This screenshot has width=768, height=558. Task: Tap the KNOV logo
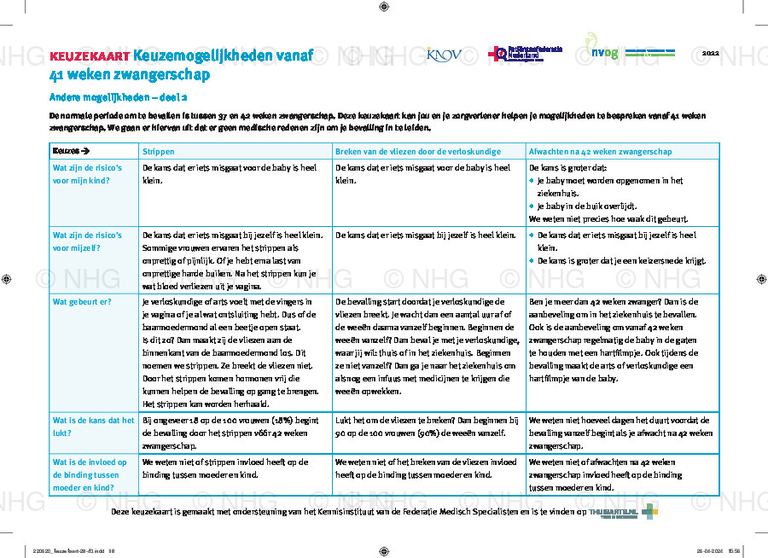pos(444,55)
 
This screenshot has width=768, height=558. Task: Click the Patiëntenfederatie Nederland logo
pos(525,54)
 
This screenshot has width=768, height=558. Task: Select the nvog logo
pos(606,52)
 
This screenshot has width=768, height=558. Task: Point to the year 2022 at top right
pos(710,53)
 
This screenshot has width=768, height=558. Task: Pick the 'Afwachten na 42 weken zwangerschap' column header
pos(600,151)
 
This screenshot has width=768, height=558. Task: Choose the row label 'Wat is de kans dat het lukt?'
pos(93,427)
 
